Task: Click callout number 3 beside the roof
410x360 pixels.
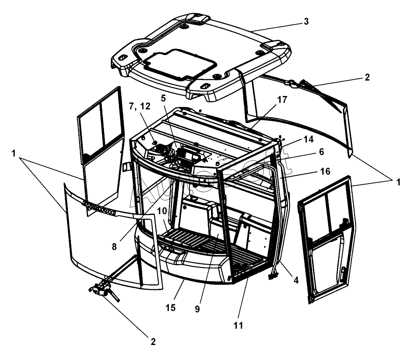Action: pyautogui.click(x=306, y=22)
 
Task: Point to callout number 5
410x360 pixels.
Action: pyautogui.click(x=163, y=98)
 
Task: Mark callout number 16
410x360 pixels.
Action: pyautogui.click(x=325, y=171)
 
